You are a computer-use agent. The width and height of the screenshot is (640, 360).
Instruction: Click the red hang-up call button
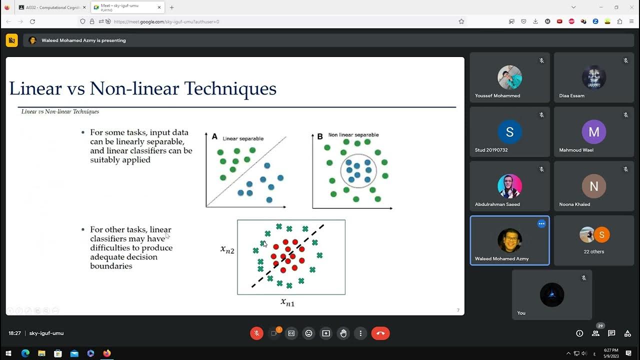[380, 333]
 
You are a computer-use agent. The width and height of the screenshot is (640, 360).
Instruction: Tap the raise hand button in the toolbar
[343, 333]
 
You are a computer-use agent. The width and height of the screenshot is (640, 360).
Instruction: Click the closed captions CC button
[291, 333]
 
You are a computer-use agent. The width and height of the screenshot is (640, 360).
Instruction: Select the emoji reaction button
[308, 333]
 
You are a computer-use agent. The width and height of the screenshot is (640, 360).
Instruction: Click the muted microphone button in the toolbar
[256, 333]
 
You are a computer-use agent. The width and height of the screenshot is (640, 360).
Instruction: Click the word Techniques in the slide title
[230, 88]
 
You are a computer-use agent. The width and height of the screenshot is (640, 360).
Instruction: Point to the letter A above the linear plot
[214, 136]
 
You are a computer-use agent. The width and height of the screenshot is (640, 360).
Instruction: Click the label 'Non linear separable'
[353, 135]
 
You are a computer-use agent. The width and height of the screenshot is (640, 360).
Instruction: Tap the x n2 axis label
[227, 249]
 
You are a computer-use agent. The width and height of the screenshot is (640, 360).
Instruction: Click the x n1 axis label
[287, 301]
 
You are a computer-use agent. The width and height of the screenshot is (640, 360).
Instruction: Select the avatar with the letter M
[594, 132]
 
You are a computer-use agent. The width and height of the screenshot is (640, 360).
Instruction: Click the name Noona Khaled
[574, 204]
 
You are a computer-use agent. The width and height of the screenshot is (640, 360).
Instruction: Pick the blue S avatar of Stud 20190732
[509, 132]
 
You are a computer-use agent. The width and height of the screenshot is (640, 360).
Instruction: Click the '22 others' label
[594, 251]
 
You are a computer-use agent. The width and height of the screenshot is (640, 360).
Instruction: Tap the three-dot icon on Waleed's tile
[541, 224]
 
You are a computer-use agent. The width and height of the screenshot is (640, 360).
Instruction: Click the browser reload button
[32, 21]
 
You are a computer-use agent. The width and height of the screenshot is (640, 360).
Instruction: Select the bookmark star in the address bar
[461, 21]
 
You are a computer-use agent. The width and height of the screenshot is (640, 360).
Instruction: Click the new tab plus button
[171, 7]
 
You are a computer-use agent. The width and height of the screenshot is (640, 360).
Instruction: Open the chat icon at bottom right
[611, 333]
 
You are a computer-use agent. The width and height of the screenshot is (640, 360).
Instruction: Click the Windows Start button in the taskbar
[8, 353]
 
